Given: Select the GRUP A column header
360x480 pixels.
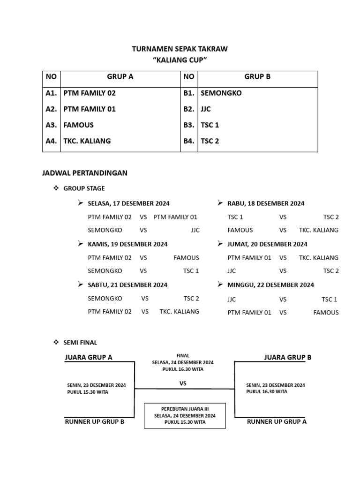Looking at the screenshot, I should point(120,76).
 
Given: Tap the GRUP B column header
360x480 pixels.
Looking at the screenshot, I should point(257,76).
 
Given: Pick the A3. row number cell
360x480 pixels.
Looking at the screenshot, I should point(51,125).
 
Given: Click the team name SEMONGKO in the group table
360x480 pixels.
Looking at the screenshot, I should point(221,93).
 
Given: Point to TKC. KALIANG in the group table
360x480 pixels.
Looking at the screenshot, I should point(87,141).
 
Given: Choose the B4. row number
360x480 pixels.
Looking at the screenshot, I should point(189,141).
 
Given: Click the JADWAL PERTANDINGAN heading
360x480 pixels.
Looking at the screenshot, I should point(85,173).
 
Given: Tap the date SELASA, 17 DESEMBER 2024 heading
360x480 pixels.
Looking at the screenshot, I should point(128,203).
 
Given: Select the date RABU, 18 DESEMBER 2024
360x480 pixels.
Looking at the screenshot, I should point(266,203).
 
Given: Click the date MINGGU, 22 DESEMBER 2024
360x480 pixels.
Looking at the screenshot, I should point(270,285).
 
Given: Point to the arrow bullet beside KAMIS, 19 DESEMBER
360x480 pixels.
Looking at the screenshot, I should point(80,244).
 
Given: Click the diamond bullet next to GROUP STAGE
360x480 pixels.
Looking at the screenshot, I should point(56,188).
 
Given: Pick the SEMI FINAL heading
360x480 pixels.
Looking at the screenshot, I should point(80,343).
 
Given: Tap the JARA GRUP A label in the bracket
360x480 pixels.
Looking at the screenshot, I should point(89,357).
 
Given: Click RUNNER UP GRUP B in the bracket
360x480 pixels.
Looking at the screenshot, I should point(94,421).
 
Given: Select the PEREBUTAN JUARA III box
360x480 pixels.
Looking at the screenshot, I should point(185,415).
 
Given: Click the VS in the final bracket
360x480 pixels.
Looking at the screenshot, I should point(183,383).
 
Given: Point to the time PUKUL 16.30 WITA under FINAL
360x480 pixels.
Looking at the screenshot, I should point(183,369).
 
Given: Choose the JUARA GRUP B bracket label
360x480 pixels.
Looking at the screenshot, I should point(287,357).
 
